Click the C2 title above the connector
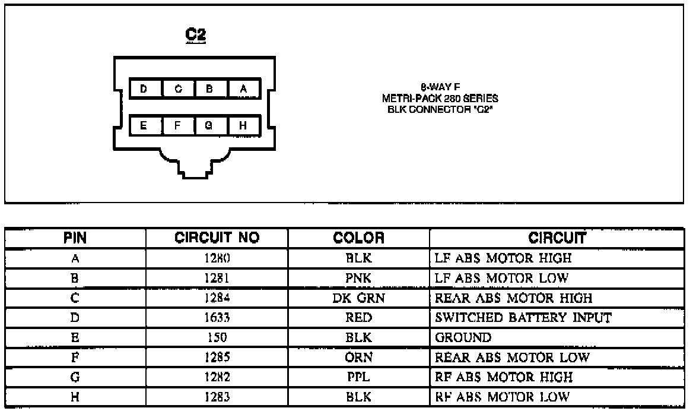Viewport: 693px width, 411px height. (195, 35)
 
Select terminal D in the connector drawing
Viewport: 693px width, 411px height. (144, 89)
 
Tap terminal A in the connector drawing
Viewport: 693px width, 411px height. (243, 89)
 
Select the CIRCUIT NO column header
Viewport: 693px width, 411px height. (217, 239)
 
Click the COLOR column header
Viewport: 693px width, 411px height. (358, 239)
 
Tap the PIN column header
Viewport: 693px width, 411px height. (75, 239)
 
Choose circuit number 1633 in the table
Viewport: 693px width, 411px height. (217, 318)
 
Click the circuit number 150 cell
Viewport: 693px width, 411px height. (217, 338)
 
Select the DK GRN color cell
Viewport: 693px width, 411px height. (358, 298)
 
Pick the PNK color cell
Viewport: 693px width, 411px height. (358, 278)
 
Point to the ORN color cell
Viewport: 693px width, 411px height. (358, 358)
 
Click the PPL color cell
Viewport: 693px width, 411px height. (358, 377)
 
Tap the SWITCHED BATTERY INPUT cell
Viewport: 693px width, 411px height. (523, 318)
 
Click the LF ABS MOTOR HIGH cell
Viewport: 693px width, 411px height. (504, 258)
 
